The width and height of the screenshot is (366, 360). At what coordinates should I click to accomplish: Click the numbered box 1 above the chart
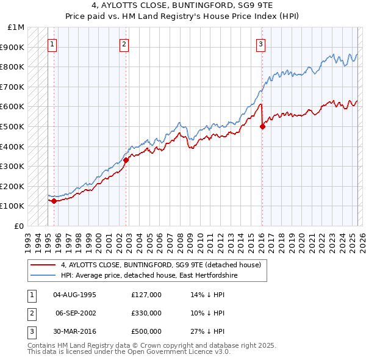coord(52,43)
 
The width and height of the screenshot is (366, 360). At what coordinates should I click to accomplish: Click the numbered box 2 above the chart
coord(124,43)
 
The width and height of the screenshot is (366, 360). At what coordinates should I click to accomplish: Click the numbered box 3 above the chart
coord(260,43)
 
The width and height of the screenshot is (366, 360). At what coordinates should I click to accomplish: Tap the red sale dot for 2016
coord(262,127)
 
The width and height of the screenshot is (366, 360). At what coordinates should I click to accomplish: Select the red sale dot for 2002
coord(126,160)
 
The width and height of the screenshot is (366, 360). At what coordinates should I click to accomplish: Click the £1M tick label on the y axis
coord(16,27)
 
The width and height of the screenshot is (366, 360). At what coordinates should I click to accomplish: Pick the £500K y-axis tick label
coord(13,127)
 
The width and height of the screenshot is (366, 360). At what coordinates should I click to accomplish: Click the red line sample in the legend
coord(43,265)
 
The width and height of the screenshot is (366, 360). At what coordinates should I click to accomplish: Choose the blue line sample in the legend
coord(43,276)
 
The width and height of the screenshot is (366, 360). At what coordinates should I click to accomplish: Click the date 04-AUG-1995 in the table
coord(75,295)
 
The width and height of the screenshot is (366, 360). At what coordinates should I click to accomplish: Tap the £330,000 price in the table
coord(146,313)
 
